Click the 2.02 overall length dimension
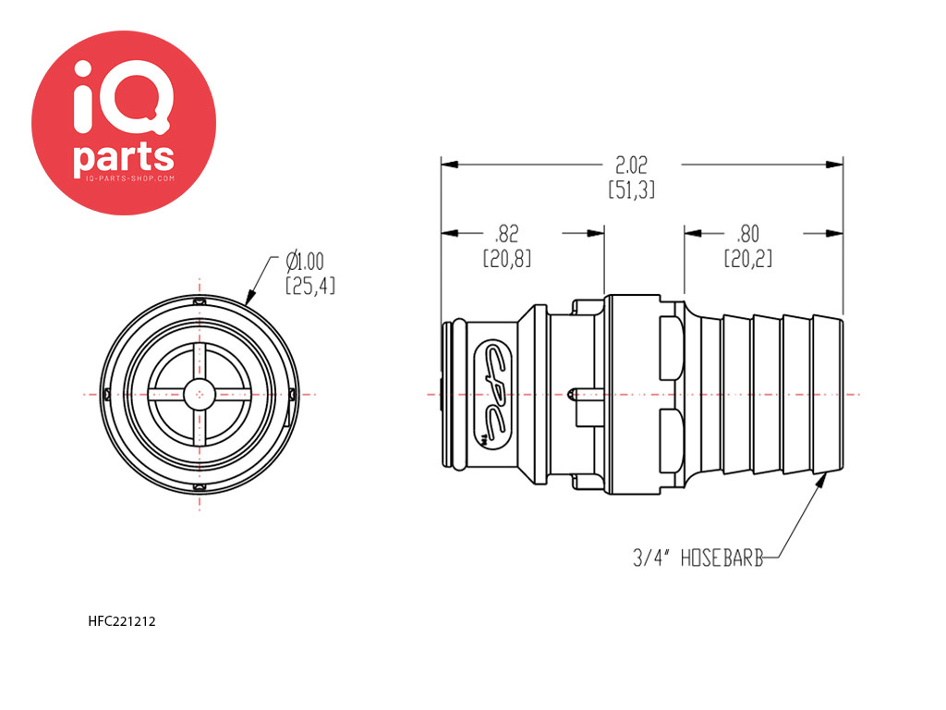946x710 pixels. pos(631,165)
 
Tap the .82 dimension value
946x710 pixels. pos(506,234)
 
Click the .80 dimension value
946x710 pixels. pos(748,234)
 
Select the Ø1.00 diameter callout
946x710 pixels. pos(305,262)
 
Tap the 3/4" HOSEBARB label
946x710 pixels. pos(698,557)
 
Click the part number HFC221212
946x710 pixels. pos(122,621)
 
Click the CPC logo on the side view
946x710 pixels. pos(494,394)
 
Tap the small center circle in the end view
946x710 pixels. pos(200,395)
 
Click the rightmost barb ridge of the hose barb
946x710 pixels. pos(828,394)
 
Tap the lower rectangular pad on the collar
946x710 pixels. pos(671,441)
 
